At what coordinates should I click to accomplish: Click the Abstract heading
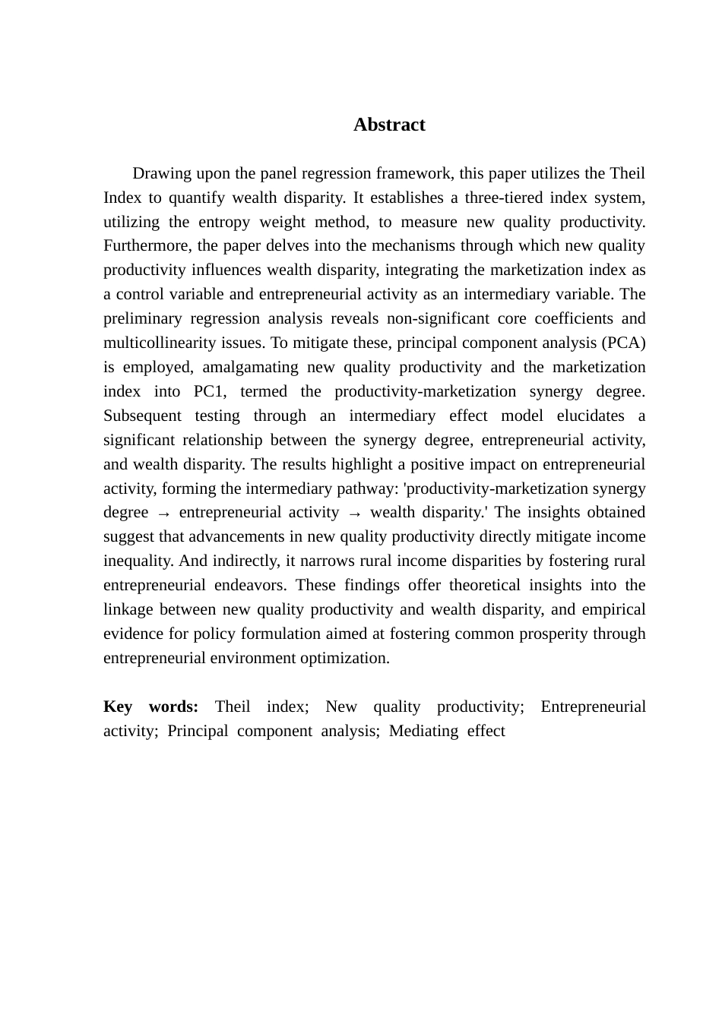click(389, 125)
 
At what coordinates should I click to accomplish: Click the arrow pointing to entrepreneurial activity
click(163, 514)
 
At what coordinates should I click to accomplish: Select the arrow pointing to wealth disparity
click(354, 514)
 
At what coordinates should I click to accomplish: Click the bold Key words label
click(150, 706)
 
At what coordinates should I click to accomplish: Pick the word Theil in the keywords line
click(233, 706)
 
